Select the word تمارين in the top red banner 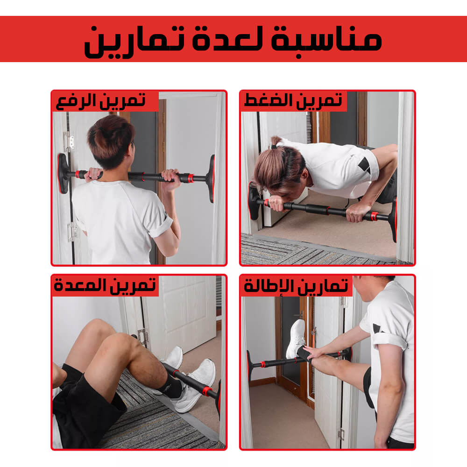[x=134, y=42]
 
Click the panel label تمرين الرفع [x=101, y=101]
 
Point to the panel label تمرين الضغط [x=293, y=101]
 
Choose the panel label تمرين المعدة [x=105, y=286]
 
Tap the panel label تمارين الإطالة [x=296, y=286]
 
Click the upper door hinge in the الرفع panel [x=69, y=141]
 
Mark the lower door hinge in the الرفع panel [x=72, y=231]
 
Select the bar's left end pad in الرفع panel [x=63, y=173]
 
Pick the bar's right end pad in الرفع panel [x=212, y=179]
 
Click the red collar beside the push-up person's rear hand [x=374, y=216]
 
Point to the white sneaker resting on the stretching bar [x=296, y=339]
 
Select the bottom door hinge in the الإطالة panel [x=341, y=435]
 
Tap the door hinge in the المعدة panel [x=142, y=337]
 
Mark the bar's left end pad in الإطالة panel [x=249, y=366]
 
